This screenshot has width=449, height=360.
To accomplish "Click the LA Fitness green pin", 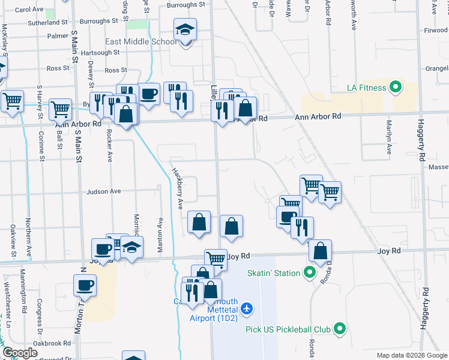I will click(395, 88).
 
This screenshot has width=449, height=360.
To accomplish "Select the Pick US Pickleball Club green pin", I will click(339, 329).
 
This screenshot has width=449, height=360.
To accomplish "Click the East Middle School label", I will click(140, 41).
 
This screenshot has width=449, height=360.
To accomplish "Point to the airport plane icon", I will click(246, 308).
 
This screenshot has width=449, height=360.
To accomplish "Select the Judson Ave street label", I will click(104, 192).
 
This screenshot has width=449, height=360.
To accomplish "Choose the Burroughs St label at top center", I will click(186, 5).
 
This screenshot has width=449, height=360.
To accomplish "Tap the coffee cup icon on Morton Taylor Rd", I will click(85, 284).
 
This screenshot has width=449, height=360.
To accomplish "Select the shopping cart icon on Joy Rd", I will click(215, 259).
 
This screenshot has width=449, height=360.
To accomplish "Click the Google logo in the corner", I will click(20, 353).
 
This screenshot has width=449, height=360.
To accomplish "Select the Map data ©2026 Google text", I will click(411, 355).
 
